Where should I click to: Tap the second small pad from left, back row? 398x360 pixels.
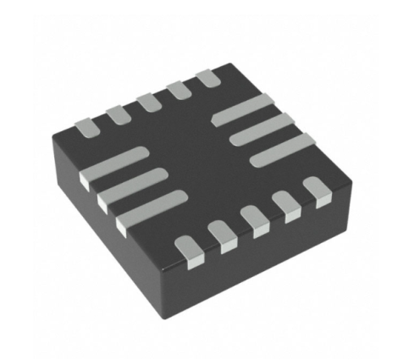pyautogui.click(x=117, y=111)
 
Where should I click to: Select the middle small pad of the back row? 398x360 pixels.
pyautogui.click(x=148, y=99)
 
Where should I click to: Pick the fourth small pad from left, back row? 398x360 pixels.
pyautogui.click(x=177, y=88)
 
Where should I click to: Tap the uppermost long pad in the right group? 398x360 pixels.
pyautogui.click(x=245, y=109)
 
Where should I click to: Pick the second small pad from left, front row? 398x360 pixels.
pyautogui.click(x=222, y=234)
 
